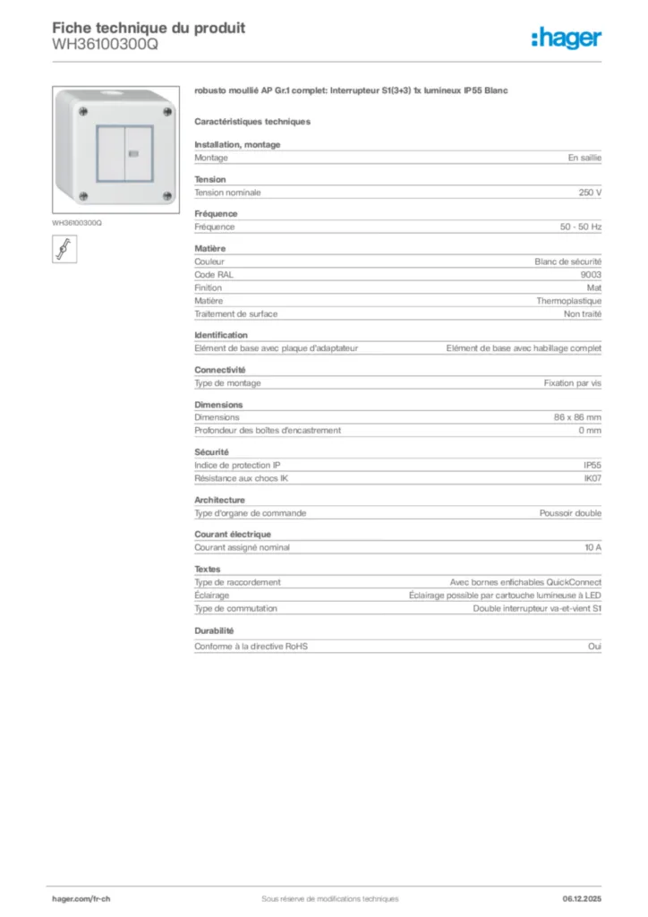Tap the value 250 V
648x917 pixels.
tap(591, 193)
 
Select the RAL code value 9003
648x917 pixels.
tap(591, 275)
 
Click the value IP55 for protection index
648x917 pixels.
tap(593, 465)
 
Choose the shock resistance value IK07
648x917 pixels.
tap(593, 478)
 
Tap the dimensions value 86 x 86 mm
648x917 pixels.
tap(577, 417)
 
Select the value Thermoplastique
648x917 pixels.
tap(569, 301)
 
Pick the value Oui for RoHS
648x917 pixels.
tap(595, 646)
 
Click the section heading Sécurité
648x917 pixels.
tap(211, 452)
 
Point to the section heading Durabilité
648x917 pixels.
tap(214, 630)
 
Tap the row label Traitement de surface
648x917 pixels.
tap(236, 314)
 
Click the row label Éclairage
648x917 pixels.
tap(212, 595)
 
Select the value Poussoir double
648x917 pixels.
tap(570, 513)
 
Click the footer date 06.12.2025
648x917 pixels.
tap(582, 899)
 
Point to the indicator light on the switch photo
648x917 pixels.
tap(133, 154)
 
